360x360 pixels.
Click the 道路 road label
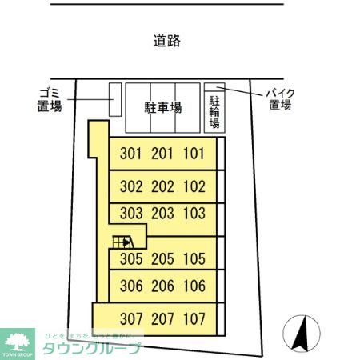coord(166,42)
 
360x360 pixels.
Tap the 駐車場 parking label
coord(162,107)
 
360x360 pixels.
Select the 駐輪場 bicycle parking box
coord(214,112)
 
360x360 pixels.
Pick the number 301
coord(130,154)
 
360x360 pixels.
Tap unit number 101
coord(194,154)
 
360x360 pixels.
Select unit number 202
coord(162,187)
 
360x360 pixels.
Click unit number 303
coord(130,214)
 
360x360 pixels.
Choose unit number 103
coord(194,214)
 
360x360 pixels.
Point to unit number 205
coord(162,259)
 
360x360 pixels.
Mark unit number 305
coord(130,259)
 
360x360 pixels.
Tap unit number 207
coord(162,318)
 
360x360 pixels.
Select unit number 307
coord(130,318)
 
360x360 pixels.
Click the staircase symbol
coord(122,242)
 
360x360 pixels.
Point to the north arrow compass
coord(301,334)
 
